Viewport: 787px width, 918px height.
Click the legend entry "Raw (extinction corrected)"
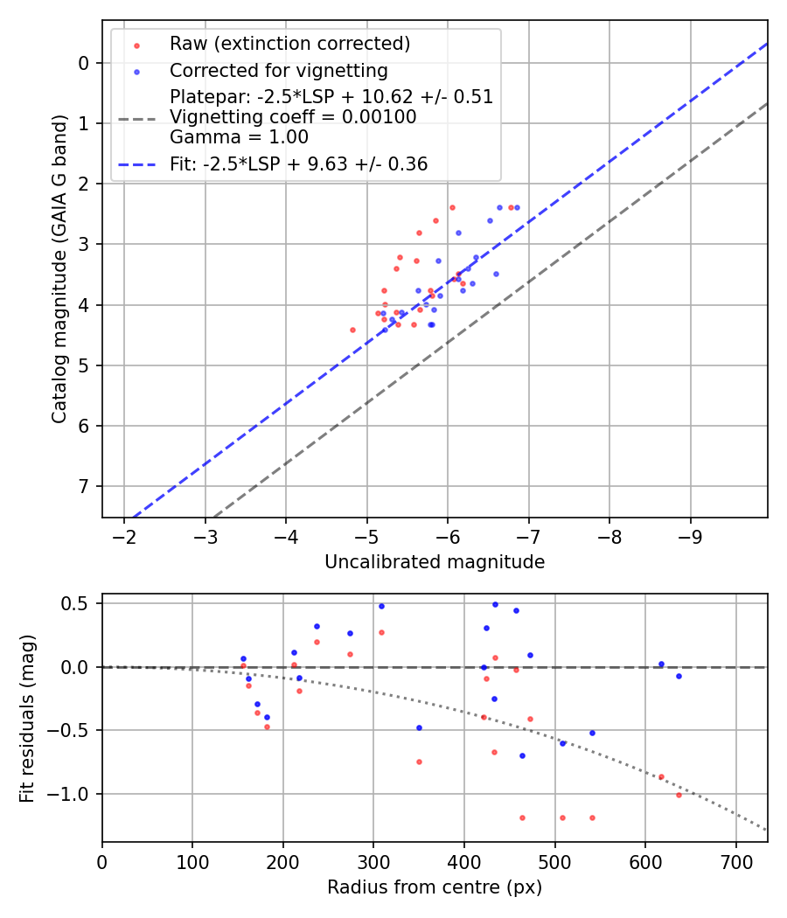[289, 44]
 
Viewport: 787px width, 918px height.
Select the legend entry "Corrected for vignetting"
[278, 70]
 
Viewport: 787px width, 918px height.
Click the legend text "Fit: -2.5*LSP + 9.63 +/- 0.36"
[298, 164]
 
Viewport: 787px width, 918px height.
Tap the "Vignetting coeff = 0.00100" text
[293, 116]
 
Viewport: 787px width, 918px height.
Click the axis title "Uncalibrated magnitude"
[435, 562]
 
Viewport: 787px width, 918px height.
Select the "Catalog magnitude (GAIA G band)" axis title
[59, 268]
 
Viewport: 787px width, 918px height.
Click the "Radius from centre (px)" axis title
[435, 887]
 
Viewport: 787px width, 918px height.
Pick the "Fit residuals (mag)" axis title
[28, 718]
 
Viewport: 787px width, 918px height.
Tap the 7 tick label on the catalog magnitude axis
[84, 486]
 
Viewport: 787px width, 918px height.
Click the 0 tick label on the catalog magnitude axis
[84, 63]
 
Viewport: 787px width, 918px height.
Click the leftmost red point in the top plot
[352, 330]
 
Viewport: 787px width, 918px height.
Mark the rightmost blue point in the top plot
[517, 207]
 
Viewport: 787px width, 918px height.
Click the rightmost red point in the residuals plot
[679, 795]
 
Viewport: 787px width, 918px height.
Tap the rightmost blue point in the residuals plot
[679, 676]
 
